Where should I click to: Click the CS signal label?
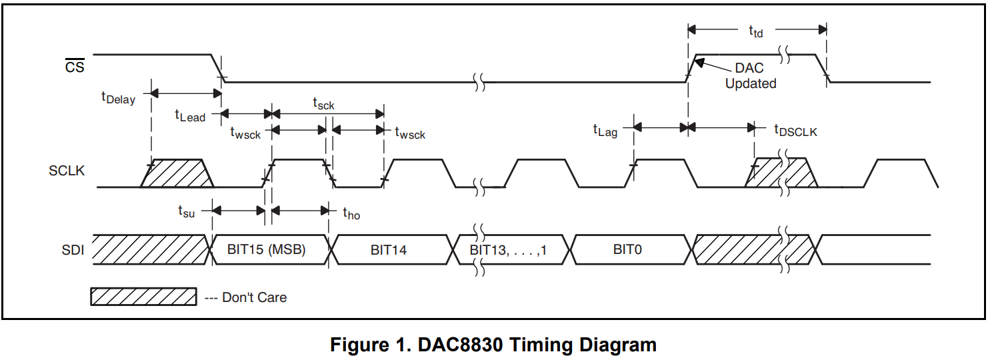75,67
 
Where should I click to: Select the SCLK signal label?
66,171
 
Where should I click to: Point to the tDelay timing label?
118,98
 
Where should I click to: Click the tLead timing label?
190,116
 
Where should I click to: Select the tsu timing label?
186,211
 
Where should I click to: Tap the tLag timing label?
605,131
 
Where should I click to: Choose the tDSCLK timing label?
795,131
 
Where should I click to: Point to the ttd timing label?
755,31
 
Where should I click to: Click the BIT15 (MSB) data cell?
266,251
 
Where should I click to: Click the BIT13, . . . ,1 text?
508,251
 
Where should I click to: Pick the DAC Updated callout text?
751,76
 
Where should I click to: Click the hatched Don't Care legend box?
143,297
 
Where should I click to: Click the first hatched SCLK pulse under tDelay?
177,173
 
